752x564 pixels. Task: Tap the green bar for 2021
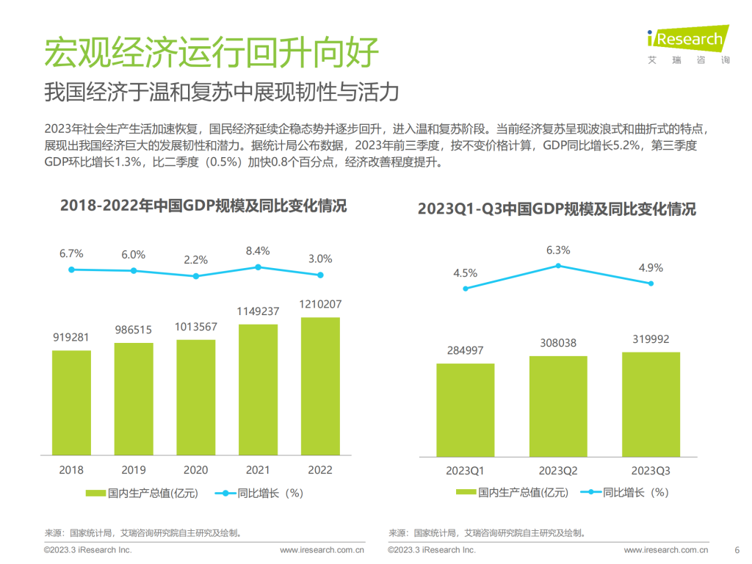click(x=258, y=388)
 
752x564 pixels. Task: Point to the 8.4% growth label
click(x=258, y=250)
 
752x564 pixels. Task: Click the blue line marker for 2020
click(x=195, y=276)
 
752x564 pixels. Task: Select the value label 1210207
click(x=320, y=304)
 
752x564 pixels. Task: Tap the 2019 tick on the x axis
click(x=134, y=470)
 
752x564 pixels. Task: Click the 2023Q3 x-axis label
click(x=651, y=470)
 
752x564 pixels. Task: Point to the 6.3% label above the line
click(x=558, y=250)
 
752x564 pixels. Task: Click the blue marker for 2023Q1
click(x=466, y=289)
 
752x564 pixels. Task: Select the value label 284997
click(x=465, y=350)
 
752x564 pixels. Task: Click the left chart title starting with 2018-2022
click(x=203, y=206)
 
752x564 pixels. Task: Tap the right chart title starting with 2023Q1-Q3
click(x=557, y=209)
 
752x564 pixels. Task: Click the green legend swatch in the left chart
click(x=95, y=493)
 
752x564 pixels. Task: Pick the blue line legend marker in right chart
click(x=588, y=493)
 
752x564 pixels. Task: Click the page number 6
click(x=737, y=549)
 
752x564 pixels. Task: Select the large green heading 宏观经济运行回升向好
click(x=211, y=52)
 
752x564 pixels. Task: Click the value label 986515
click(x=134, y=330)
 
